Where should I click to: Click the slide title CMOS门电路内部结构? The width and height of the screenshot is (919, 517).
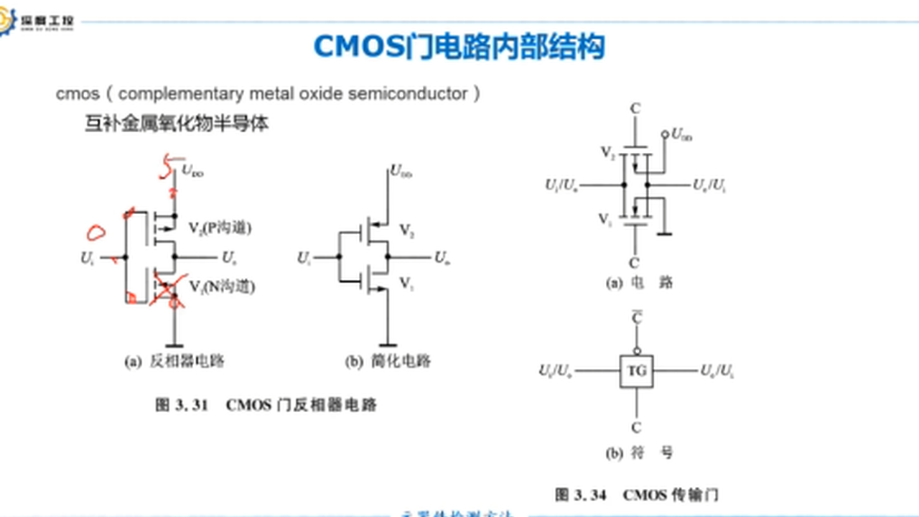point(459,47)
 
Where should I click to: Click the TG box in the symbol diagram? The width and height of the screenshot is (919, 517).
point(637,371)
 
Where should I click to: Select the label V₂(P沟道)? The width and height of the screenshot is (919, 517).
point(220,228)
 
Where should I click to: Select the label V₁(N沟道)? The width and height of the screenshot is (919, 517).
point(222,287)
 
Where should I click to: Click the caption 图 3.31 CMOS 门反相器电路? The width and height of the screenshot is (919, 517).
point(266,405)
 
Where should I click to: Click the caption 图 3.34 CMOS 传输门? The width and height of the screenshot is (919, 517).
point(636,495)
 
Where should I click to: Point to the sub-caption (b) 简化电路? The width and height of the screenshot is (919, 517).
point(388,361)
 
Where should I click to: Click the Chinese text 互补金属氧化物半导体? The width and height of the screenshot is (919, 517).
point(177,124)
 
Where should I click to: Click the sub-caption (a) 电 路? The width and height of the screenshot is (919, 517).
point(640,283)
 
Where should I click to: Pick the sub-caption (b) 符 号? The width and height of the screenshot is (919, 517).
point(640,453)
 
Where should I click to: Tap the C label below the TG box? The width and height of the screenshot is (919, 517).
point(636,428)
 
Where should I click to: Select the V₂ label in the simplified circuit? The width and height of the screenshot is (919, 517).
point(406,231)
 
